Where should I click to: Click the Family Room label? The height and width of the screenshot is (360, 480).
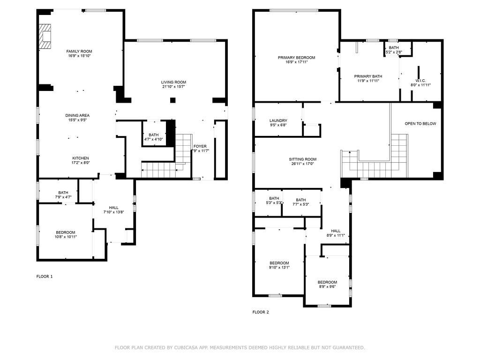79,51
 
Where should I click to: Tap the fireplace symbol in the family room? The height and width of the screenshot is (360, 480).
45,36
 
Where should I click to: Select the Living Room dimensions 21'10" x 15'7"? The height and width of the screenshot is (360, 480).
174,87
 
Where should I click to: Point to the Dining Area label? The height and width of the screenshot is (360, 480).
77,115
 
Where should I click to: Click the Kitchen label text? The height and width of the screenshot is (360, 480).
80,158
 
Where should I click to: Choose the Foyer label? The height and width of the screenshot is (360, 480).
200,146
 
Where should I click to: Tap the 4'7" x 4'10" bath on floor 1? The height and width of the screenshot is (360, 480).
154,139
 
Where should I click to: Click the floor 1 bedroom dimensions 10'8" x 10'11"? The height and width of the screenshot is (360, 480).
66,237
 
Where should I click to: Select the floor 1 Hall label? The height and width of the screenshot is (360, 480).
114,207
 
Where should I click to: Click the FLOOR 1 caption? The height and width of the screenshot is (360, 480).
45,277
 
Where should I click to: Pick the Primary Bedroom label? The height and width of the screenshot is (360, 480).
296,58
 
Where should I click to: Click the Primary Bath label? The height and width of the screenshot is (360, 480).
368,76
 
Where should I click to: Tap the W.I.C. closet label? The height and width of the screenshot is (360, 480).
420,80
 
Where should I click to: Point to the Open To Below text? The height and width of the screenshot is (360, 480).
420,124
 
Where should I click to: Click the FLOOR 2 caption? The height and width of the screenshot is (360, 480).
261,312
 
